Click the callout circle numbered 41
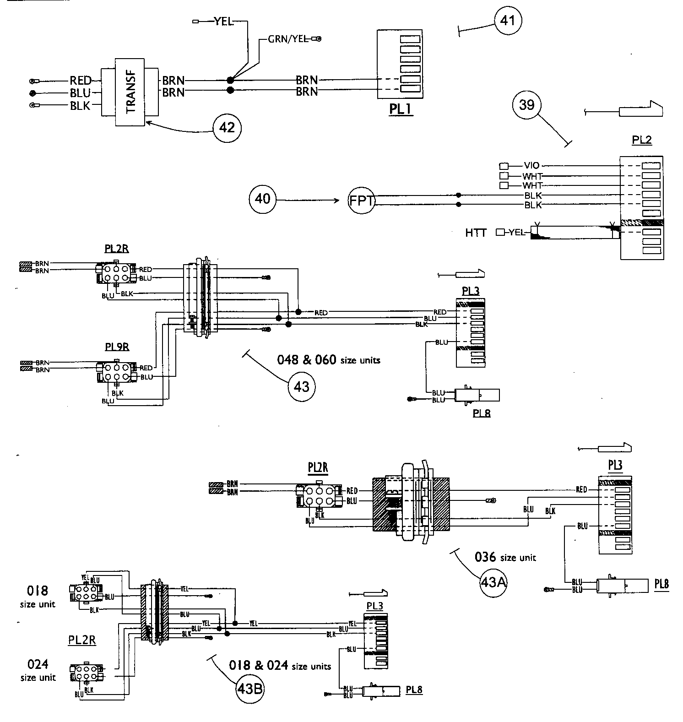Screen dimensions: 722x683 coord(508,21)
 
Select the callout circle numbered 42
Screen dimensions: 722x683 coord(227,127)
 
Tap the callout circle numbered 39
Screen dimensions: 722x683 coord(526,105)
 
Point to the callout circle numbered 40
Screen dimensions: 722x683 coord(263,200)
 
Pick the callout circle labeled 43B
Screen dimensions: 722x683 coord(250,688)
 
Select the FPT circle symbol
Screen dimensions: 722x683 coord(362,201)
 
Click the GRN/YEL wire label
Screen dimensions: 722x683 coord(287,39)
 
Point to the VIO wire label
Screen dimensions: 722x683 coord(531,166)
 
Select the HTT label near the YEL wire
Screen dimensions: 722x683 coord(476,233)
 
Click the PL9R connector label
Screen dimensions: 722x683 coord(117,347)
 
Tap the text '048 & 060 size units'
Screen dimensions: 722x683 coord(329,360)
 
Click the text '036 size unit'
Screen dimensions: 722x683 coord(505,557)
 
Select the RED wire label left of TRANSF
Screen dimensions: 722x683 coord(81,81)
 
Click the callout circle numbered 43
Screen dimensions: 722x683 coord(301,387)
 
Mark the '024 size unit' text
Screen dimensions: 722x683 coord(38,670)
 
